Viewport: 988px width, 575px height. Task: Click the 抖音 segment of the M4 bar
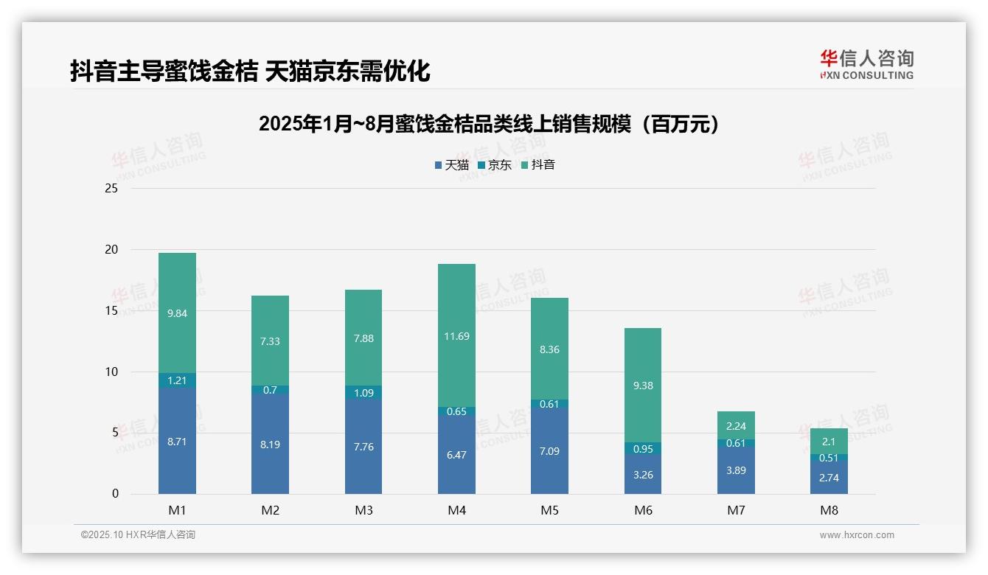tap(456, 335)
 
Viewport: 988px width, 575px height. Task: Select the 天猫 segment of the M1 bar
tap(177, 440)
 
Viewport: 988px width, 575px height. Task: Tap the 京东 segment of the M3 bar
tap(363, 393)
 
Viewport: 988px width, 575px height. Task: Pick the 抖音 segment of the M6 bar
tap(643, 385)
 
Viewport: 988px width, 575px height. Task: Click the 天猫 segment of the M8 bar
tap(829, 478)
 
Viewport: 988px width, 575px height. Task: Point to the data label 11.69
tap(456, 336)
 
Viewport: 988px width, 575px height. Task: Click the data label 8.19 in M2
tap(270, 445)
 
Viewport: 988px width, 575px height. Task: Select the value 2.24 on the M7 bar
tap(736, 426)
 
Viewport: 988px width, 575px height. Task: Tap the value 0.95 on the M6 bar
tap(643, 448)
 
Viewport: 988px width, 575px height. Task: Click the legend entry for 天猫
tap(452, 165)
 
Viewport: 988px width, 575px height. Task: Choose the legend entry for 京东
tap(495, 165)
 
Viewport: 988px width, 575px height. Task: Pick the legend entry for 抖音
tap(538, 165)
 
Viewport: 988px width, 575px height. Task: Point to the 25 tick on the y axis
tap(111, 189)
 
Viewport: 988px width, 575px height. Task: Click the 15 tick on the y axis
tap(111, 310)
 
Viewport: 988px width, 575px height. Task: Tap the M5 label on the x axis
tap(549, 510)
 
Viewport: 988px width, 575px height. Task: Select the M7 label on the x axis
tap(736, 510)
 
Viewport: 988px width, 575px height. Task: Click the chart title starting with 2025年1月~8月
tap(489, 125)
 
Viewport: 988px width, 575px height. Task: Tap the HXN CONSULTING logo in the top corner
tap(866, 65)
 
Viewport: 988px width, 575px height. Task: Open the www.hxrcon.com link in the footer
tap(857, 535)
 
